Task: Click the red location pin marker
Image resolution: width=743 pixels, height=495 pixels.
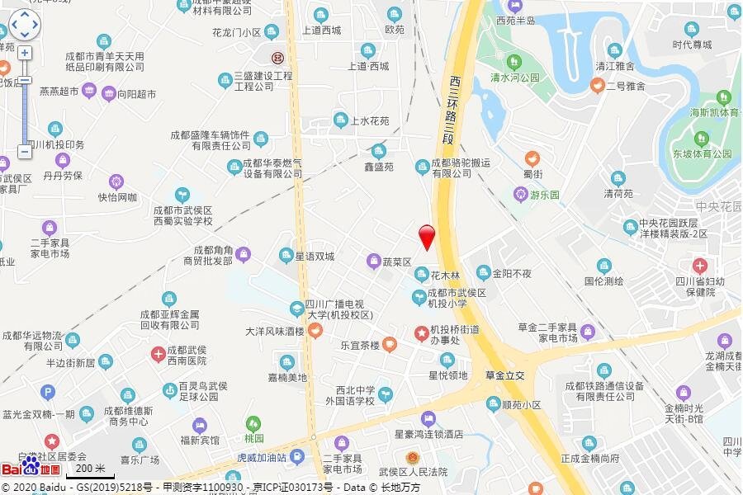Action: coord(427,236)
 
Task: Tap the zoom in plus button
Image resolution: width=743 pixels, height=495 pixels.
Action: coord(25,53)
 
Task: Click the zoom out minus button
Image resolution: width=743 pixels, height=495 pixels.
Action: coord(25,152)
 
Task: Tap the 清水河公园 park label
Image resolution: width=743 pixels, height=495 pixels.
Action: coord(513,77)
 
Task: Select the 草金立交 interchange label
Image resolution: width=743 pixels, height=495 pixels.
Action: coord(505,375)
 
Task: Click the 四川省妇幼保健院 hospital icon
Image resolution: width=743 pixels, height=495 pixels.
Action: coord(700,266)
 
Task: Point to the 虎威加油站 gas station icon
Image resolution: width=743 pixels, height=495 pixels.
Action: coord(297,456)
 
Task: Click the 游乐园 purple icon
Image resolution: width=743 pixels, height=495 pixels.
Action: coord(521,195)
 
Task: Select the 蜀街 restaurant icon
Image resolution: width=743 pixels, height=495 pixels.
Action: coord(532,157)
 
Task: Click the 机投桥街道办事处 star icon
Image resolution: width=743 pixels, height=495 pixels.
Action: coord(421,332)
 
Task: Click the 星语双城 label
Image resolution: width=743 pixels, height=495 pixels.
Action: coord(315,256)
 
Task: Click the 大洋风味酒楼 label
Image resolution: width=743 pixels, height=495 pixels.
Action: coord(275,332)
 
